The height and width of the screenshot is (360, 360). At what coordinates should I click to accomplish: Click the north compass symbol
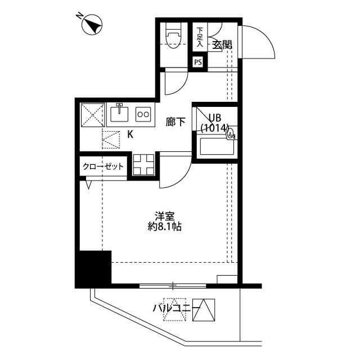click(91, 24)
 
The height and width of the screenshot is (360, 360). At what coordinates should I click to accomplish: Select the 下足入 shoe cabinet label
click(200, 37)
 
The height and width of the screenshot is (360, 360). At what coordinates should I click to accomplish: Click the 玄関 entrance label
click(222, 45)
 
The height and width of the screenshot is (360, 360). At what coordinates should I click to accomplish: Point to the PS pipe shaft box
click(198, 62)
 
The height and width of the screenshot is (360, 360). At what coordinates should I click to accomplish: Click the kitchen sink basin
click(119, 114)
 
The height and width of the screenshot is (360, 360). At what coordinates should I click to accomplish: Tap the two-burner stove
click(143, 114)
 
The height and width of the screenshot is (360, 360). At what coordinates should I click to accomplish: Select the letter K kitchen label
click(130, 134)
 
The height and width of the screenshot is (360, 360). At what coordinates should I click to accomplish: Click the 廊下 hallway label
click(175, 122)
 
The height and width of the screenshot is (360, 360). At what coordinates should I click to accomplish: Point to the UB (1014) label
click(215, 123)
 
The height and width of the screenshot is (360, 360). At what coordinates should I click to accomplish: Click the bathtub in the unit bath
click(217, 146)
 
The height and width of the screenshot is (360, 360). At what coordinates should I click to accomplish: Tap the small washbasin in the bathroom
click(231, 134)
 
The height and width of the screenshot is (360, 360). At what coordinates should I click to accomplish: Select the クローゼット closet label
click(103, 166)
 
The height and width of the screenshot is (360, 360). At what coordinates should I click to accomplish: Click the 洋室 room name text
click(165, 217)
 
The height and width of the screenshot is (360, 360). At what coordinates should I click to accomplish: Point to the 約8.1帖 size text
click(164, 227)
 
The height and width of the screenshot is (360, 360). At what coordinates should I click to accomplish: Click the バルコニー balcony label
click(176, 308)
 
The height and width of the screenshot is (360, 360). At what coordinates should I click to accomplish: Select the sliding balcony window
click(173, 286)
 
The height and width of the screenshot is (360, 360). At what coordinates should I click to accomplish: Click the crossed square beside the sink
click(93, 115)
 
